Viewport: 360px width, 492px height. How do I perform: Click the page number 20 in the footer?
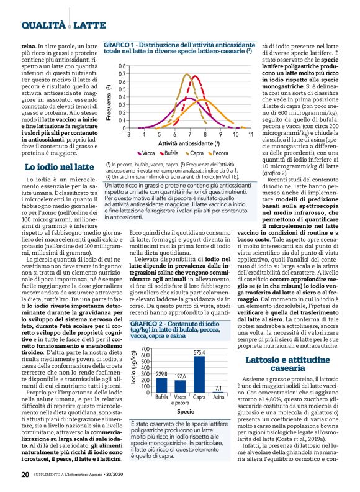[x=25, y=476]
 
